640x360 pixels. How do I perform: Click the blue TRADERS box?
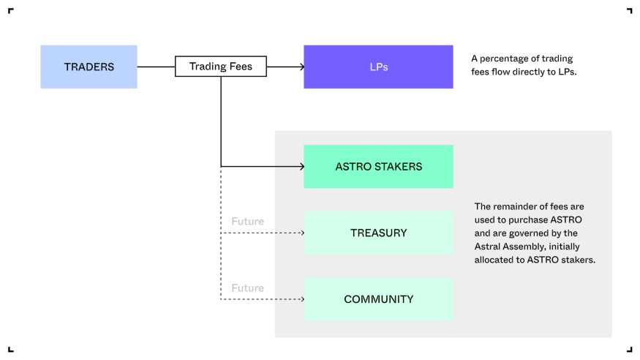tap(89, 67)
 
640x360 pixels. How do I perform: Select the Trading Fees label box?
tap(220, 67)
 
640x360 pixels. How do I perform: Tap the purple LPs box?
tap(378, 67)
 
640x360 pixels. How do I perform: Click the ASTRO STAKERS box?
tap(378, 166)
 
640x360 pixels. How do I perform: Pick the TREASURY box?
tap(378, 233)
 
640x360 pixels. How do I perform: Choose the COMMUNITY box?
tap(378, 299)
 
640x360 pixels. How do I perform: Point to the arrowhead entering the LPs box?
tap(301, 67)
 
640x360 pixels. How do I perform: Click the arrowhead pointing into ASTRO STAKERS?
tap(301, 166)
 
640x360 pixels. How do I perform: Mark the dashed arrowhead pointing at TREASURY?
tap(301, 233)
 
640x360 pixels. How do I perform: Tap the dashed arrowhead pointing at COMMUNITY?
tap(301, 299)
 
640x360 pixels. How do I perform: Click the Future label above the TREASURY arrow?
tap(247, 222)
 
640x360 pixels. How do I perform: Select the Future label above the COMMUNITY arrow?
tap(247, 288)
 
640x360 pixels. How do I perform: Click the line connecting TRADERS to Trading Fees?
tap(156, 67)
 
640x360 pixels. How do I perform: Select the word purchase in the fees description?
tap(529, 220)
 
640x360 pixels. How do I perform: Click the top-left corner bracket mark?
tap(11, 11)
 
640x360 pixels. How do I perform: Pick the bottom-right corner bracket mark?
tap(629, 349)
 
